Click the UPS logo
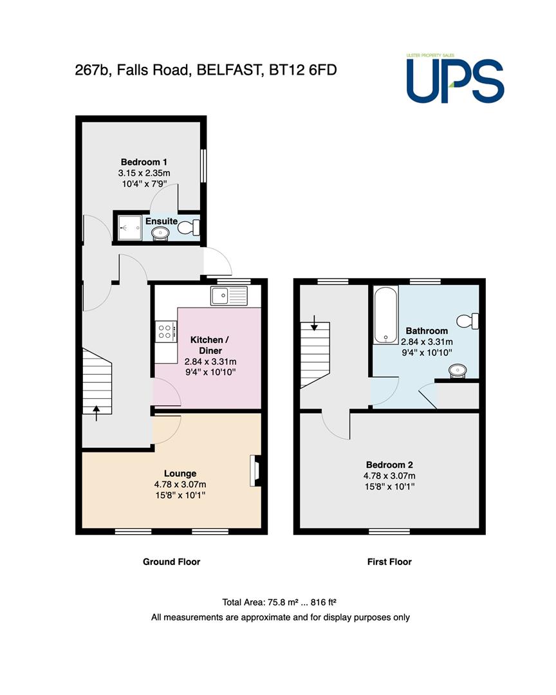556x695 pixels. [x=456, y=79]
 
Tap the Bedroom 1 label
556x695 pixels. [x=144, y=162]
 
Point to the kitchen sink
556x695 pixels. [x=229, y=295]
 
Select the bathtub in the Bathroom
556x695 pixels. [x=385, y=315]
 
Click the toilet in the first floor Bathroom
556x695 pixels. [x=468, y=321]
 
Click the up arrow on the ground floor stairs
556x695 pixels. [x=97, y=412]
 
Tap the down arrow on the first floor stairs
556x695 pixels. [x=314, y=322]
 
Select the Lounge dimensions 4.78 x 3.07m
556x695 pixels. [x=180, y=485]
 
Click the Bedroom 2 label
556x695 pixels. [x=389, y=465]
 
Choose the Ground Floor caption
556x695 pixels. [x=172, y=562]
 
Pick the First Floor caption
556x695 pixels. [x=389, y=562]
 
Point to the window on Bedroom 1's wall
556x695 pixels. [x=203, y=165]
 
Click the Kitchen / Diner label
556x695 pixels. [x=210, y=346]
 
